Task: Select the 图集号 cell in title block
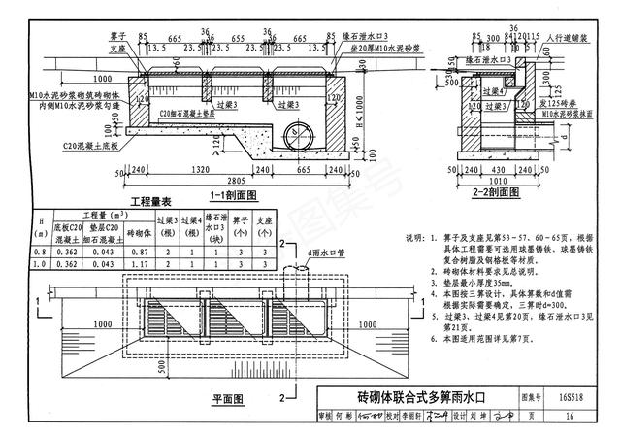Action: click(529, 397)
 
